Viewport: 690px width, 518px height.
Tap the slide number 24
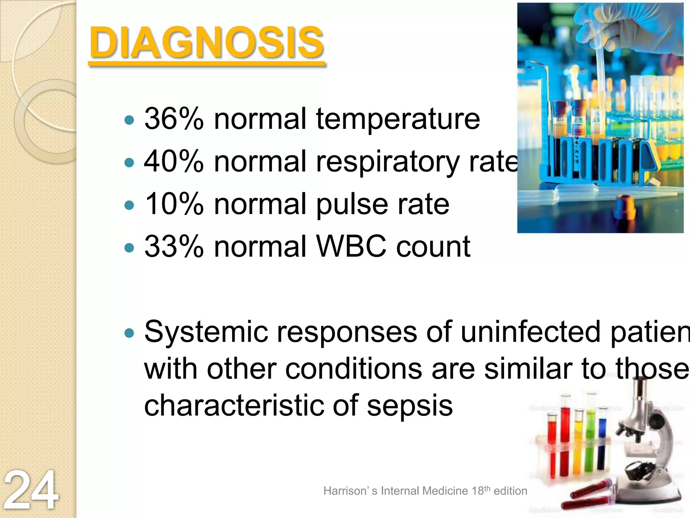pyautogui.click(x=31, y=490)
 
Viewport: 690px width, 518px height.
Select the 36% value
pyautogui.click(x=174, y=119)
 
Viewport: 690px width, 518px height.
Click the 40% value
pyautogui.click(x=174, y=162)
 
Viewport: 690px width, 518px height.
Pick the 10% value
pyautogui.click(x=174, y=204)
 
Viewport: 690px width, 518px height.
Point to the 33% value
pyautogui.click(x=174, y=247)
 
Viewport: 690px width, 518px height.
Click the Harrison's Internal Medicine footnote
pyautogui.click(x=425, y=491)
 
